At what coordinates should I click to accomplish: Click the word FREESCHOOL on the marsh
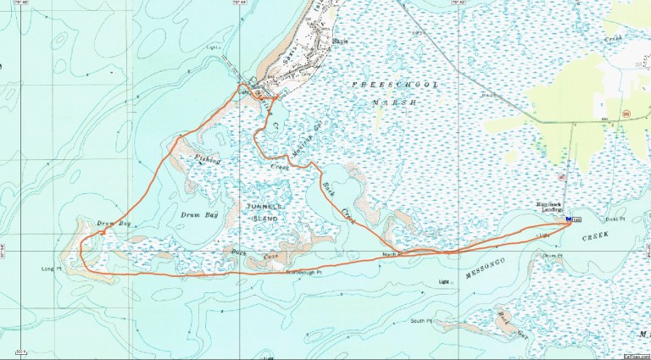(381, 86)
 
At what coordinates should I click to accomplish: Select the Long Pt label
(53, 271)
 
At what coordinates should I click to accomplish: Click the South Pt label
(421, 321)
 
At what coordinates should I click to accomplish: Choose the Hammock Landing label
(551, 207)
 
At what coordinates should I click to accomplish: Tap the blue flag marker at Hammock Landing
(566, 219)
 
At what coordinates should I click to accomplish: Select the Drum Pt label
(553, 255)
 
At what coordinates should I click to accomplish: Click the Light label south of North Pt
(442, 281)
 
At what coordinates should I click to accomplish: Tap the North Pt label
(391, 253)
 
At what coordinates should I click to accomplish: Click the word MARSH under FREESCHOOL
(396, 102)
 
